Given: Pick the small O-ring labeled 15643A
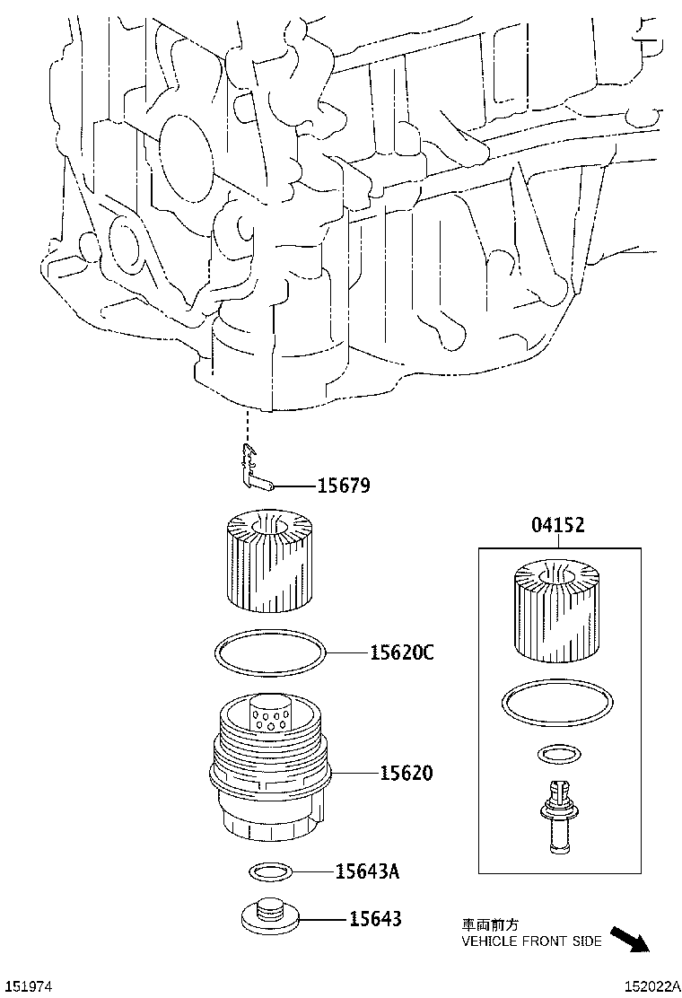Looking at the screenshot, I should (269, 871).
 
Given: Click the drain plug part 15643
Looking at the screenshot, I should (269, 917).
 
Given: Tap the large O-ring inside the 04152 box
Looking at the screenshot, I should (557, 705).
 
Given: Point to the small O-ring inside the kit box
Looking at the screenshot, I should (557, 754).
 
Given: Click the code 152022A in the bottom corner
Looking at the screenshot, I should (650, 985).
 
